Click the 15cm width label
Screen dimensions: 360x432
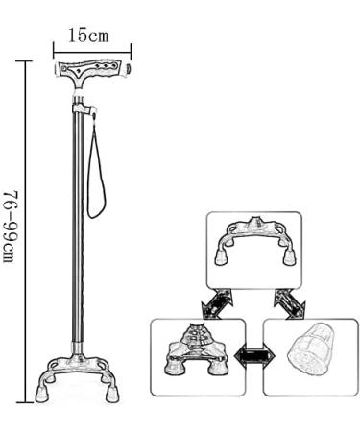point(88,36)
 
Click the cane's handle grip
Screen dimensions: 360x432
point(90,71)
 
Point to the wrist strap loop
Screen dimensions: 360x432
point(97,173)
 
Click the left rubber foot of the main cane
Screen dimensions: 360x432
point(43,394)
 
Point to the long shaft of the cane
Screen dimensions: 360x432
point(74,230)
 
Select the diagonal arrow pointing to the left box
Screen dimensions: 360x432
point(214,305)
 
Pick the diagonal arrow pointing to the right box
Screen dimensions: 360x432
point(286,305)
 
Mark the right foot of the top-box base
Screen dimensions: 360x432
point(287,257)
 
